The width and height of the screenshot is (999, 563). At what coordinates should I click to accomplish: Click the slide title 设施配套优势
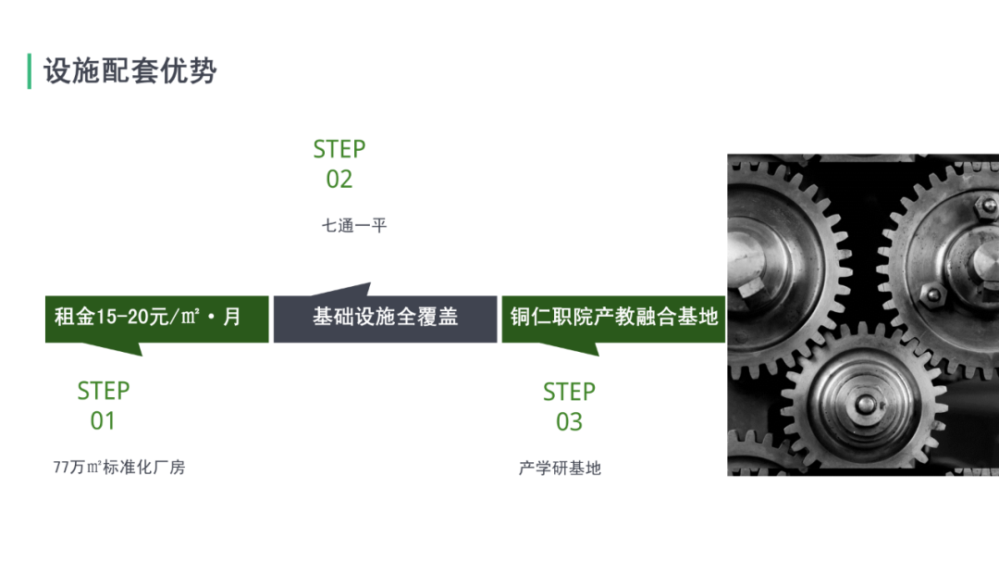coord(129,71)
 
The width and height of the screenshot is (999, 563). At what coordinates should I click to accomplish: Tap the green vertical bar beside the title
coord(30,71)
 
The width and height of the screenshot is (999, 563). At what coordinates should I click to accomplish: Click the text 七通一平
coord(353,225)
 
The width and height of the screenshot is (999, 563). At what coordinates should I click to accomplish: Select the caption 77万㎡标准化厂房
coord(119,468)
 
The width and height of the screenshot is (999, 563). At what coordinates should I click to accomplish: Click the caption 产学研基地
coord(560,469)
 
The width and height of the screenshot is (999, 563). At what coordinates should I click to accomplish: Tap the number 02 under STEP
coord(339,180)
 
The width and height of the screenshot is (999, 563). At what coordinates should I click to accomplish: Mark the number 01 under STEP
coord(103,421)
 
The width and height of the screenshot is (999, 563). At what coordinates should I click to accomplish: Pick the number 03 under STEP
coord(569,422)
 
